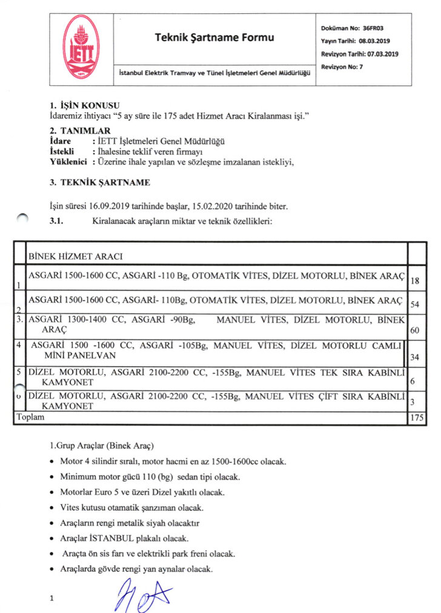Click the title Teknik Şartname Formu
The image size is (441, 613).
click(x=214, y=38)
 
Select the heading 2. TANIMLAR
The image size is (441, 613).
click(x=80, y=131)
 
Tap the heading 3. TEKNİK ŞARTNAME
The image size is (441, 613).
click(x=100, y=182)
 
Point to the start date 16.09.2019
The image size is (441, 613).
click(x=113, y=206)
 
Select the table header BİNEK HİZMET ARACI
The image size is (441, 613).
click(x=76, y=257)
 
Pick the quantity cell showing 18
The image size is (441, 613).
click(x=415, y=281)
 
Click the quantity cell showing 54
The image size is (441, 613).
click(x=415, y=304)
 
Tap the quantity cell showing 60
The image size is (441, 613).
click(x=415, y=331)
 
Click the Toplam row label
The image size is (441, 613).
click(x=26, y=418)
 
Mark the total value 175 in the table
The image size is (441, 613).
click(x=416, y=418)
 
